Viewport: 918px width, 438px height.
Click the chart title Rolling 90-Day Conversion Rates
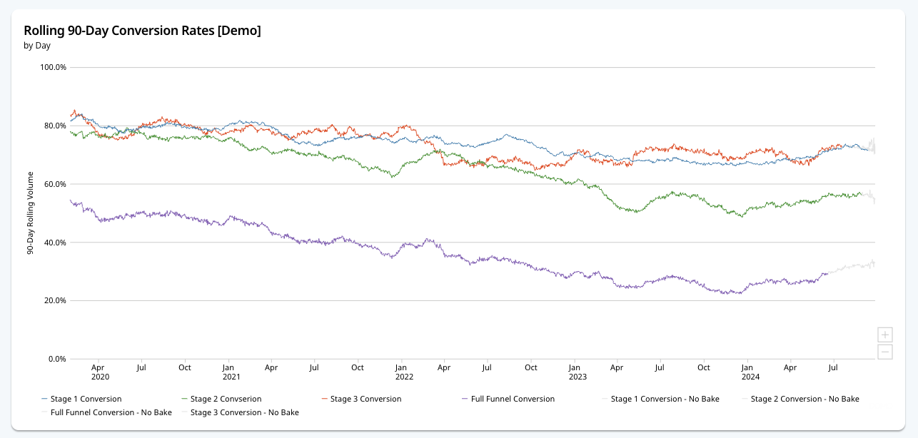(142, 31)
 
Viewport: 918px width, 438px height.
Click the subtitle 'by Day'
(37, 46)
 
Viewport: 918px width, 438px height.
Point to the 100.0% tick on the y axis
(53, 67)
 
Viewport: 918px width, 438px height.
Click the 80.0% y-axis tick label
(54, 126)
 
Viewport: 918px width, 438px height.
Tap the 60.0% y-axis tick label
(54, 184)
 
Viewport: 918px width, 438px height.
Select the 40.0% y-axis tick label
(54, 243)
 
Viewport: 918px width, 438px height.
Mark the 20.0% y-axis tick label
(54, 300)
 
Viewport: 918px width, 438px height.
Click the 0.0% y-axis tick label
(56, 359)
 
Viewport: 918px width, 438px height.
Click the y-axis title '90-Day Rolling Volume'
(31, 213)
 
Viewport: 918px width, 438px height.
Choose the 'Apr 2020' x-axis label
(100, 372)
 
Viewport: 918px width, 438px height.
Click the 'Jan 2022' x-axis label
(404, 372)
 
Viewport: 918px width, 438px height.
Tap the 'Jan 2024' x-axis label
(750, 372)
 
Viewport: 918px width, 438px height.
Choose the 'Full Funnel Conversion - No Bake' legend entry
(111, 412)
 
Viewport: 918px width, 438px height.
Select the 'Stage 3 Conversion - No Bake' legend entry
(244, 412)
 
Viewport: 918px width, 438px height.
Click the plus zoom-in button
(885, 335)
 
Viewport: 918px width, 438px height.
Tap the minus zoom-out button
(885, 351)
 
